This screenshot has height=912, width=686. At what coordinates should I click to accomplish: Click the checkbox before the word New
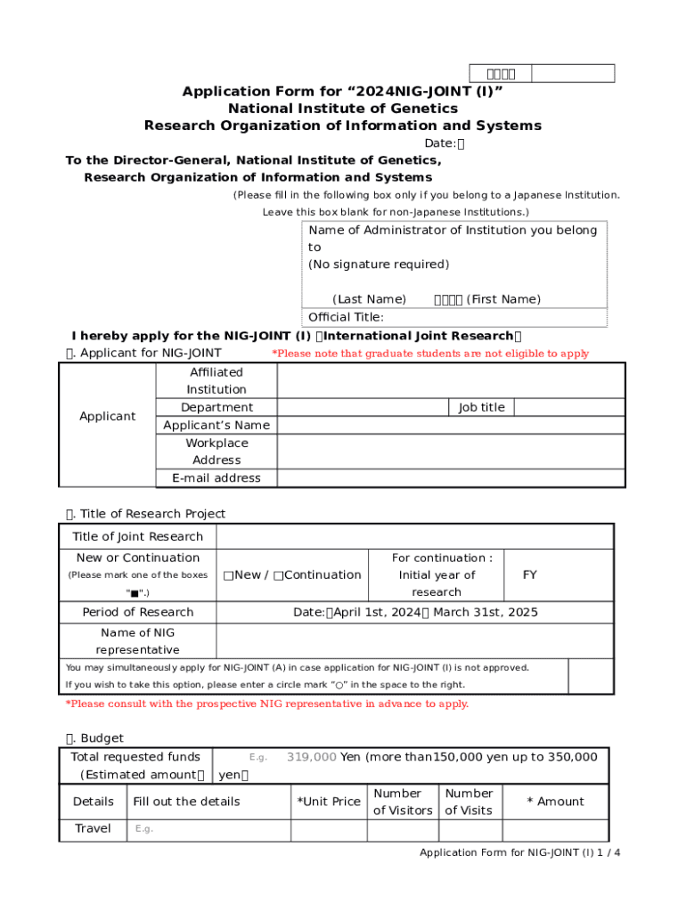click(229, 575)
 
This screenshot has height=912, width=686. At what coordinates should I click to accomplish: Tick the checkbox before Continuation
click(279, 575)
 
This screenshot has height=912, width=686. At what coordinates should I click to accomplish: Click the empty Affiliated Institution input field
click(451, 380)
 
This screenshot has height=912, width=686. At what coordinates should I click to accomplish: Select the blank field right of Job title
click(569, 407)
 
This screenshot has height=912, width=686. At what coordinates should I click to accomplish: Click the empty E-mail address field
click(451, 478)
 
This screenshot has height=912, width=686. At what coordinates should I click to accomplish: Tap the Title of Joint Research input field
click(414, 536)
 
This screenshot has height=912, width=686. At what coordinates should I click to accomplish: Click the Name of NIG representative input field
click(414, 641)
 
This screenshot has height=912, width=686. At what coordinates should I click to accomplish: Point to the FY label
click(530, 575)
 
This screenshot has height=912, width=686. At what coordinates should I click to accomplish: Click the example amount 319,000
click(311, 757)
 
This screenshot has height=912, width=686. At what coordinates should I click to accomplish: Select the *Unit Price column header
click(329, 802)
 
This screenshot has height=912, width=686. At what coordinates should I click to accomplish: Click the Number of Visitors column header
click(403, 802)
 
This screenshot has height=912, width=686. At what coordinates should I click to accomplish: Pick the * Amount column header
click(555, 802)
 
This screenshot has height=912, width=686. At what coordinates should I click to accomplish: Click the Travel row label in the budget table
click(94, 829)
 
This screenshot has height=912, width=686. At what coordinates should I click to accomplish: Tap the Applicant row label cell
click(108, 416)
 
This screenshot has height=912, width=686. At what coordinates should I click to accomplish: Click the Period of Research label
click(138, 613)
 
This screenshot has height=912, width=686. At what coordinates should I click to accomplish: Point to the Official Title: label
click(347, 317)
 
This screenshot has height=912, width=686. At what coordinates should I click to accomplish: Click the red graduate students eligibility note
click(429, 354)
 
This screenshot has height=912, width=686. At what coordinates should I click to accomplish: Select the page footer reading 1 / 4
click(520, 853)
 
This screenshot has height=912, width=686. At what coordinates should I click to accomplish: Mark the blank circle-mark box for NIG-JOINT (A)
click(590, 676)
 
